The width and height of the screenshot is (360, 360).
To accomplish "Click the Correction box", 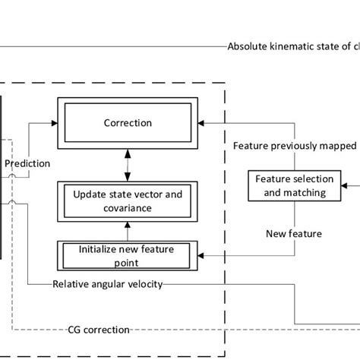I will pyautogui.click(x=128, y=122).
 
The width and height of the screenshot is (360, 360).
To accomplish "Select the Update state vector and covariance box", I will pyautogui.click(x=128, y=200).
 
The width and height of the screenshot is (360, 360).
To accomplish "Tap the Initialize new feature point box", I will pyautogui.click(x=128, y=254).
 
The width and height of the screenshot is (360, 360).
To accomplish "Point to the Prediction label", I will pyautogui.click(x=28, y=163).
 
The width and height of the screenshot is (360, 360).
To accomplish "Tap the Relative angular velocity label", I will pyautogui.click(x=107, y=285).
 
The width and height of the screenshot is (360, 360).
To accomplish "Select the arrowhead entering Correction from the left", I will pyautogui.click(x=55, y=122).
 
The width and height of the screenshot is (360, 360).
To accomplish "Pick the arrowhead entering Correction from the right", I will pyautogui.click(x=200, y=122).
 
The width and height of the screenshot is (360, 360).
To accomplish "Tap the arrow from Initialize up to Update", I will pyautogui.click(x=128, y=229).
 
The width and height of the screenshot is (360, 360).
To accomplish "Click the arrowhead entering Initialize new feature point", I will pyautogui.click(x=200, y=254).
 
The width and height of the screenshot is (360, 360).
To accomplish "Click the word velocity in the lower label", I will pyautogui.click(x=145, y=285).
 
